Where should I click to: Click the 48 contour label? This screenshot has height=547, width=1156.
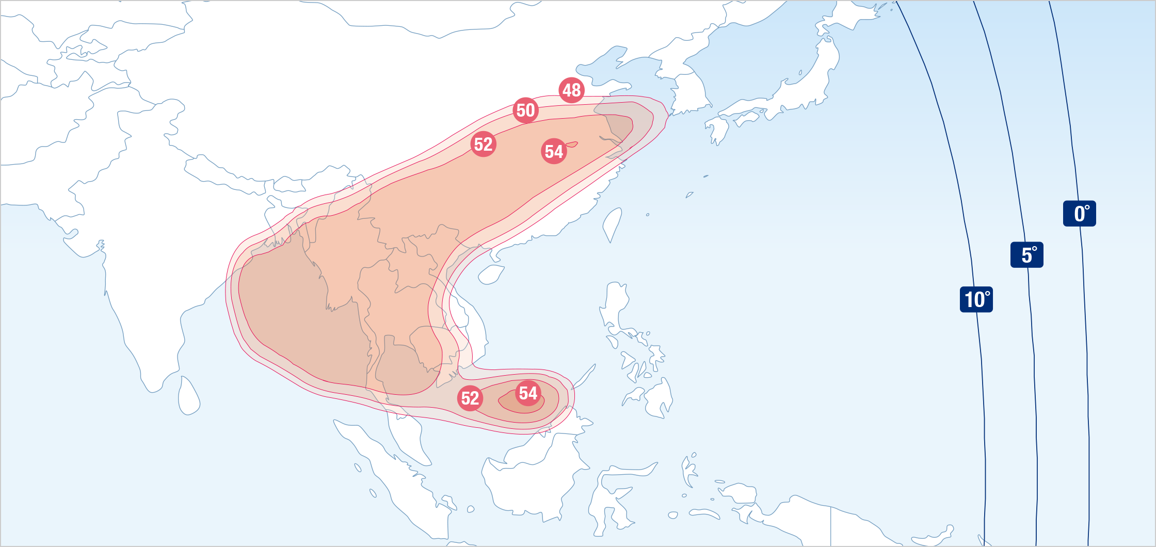click(571, 90)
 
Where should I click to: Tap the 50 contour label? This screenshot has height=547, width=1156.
click(526, 110)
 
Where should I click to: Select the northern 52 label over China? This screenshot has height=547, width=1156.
click(484, 144)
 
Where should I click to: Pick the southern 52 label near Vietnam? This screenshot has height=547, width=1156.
click(470, 398)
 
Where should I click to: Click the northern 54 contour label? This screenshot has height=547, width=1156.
click(554, 152)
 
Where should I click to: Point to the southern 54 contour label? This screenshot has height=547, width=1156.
click(528, 393)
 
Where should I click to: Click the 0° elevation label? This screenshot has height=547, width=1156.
click(1080, 214)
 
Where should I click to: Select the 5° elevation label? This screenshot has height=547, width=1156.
click(1027, 255)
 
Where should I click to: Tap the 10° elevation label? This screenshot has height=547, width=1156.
click(976, 299)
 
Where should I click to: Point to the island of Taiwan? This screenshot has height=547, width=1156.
click(613, 223)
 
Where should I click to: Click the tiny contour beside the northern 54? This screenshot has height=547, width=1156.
click(572, 144)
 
